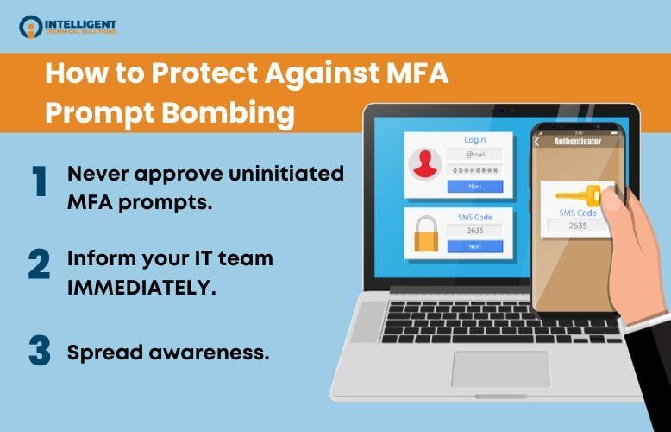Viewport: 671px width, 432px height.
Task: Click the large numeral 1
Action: tap(39, 182)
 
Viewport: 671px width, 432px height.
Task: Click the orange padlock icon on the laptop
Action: tap(425, 233)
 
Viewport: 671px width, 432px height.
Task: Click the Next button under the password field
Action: tap(474, 186)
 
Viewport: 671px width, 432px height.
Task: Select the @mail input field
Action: tap(474, 155)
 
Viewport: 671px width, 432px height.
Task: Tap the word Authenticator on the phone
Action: tap(577, 140)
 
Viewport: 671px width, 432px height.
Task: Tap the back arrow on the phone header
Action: tap(538, 140)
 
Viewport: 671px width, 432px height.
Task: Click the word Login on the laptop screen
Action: tap(474, 139)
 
